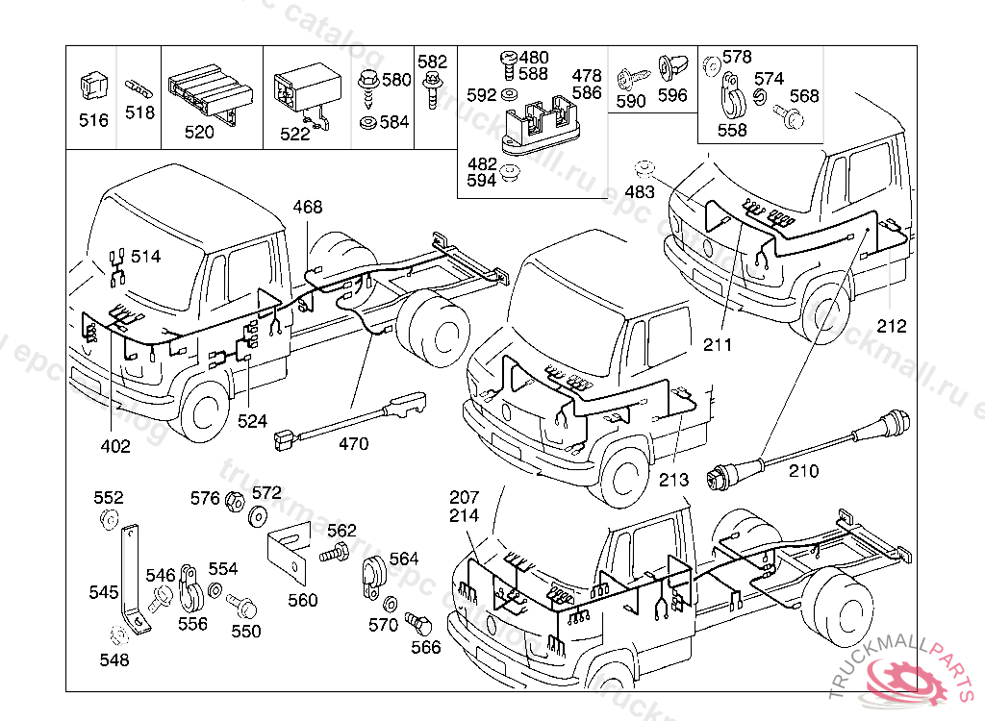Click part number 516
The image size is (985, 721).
click(93, 120)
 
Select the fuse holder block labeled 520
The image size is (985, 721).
click(210, 92)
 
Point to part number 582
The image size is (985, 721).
click(433, 61)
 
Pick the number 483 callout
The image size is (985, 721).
click(640, 191)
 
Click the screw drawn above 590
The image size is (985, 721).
click(629, 75)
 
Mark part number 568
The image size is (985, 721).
click(804, 95)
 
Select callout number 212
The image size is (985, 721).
click(892, 326)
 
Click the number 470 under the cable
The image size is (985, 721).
click(353, 444)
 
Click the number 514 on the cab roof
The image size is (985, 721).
click(146, 257)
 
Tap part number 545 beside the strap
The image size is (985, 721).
click(104, 592)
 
